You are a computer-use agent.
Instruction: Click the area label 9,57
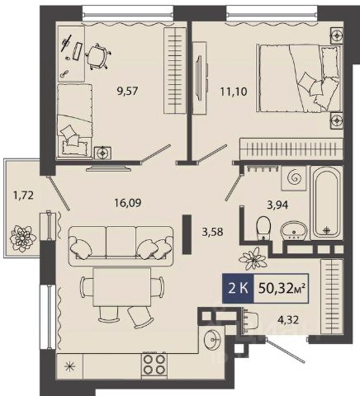(127, 91)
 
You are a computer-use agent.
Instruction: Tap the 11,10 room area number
(234, 91)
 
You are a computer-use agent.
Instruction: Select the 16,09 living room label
(127, 203)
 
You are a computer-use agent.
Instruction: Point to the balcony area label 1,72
(23, 196)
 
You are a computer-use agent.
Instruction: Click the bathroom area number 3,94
(277, 205)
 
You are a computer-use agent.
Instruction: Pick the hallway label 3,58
(212, 232)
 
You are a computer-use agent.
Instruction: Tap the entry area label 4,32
(287, 319)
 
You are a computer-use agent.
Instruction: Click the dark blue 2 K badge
(238, 289)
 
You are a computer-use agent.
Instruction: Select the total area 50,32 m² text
(282, 289)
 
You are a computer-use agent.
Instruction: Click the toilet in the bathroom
(263, 227)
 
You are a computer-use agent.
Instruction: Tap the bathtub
(326, 203)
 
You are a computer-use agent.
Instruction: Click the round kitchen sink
(212, 340)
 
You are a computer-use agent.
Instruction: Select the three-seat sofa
(121, 246)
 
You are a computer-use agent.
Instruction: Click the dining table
(122, 286)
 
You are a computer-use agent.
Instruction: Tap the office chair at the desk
(97, 57)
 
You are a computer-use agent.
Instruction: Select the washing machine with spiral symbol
(293, 178)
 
